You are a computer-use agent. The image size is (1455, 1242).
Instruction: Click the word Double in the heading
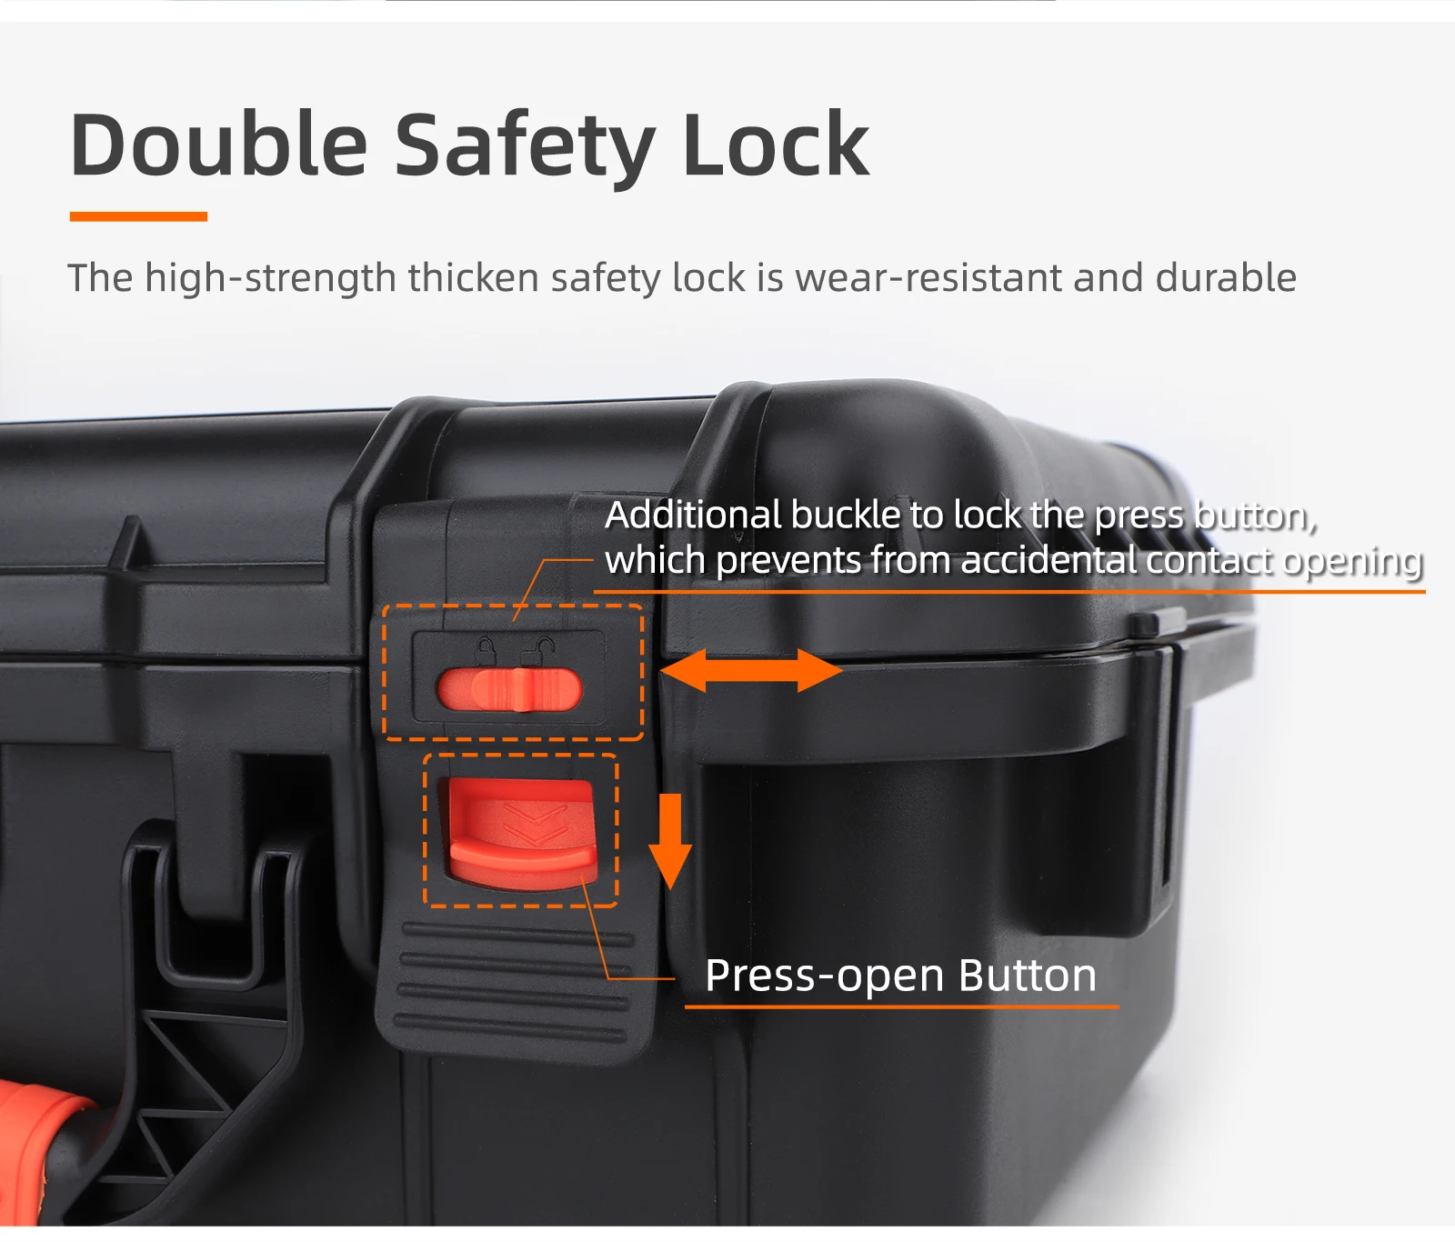[x=219, y=145]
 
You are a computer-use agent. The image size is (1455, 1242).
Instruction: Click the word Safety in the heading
[x=525, y=149]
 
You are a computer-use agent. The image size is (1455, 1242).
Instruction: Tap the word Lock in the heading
[x=776, y=145]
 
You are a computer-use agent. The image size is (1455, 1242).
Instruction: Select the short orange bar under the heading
[x=138, y=216]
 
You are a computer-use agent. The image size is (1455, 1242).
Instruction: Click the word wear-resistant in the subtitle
[x=928, y=278]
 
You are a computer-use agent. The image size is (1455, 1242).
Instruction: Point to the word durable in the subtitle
[x=1226, y=277]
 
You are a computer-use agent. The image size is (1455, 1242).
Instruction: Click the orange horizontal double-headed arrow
[x=750, y=670]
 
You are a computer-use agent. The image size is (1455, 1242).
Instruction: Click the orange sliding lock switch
[x=509, y=689]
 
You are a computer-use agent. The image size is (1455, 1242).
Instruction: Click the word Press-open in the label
[x=825, y=977]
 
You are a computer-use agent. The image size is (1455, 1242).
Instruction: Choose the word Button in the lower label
[x=1028, y=976]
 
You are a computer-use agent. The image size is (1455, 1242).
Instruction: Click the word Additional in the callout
[x=693, y=515]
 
